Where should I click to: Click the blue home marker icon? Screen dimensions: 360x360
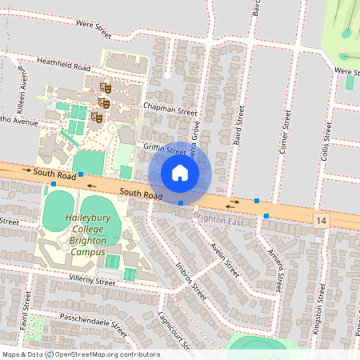[180, 173]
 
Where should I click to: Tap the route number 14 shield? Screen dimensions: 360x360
[322, 220]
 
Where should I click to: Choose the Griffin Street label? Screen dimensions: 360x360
[165, 147]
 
